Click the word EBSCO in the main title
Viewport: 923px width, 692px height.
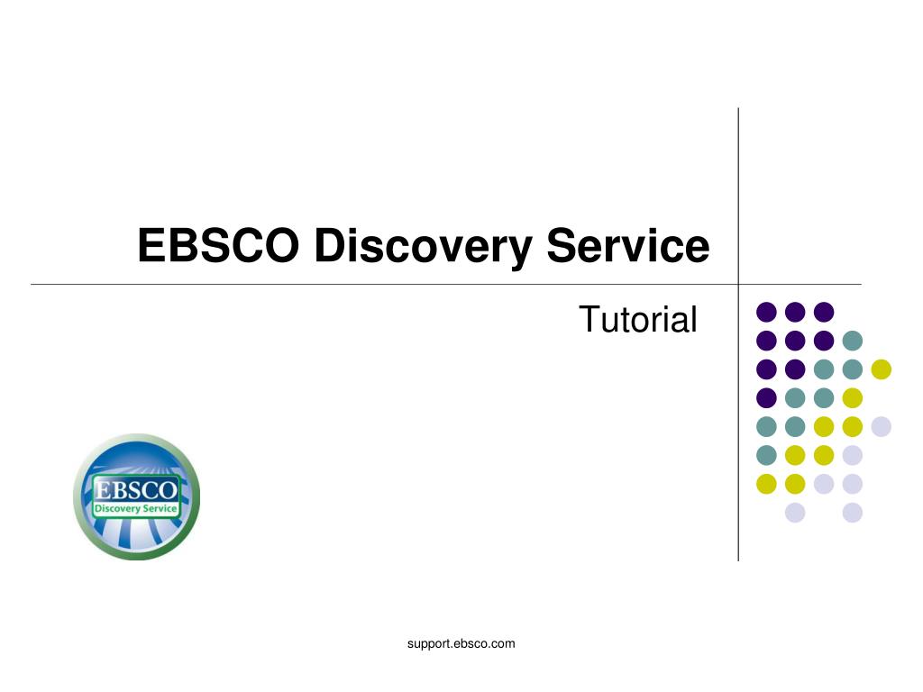point(218,245)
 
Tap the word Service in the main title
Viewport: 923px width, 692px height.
point(628,245)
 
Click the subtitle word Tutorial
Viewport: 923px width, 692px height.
point(638,320)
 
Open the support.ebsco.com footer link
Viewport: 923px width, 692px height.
point(461,643)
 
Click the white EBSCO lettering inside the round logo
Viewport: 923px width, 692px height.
point(136,489)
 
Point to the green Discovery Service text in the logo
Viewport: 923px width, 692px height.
point(136,508)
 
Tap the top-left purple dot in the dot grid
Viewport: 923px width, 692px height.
point(766,312)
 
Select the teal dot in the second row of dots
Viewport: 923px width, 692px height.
point(853,341)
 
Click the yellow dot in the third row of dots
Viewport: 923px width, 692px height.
point(882,369)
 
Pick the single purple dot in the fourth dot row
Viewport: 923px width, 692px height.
point(766,397)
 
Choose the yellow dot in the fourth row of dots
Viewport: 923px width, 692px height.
point(853,397)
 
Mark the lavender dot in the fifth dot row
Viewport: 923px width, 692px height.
point(882,426)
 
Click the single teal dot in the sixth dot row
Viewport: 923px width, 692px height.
point(766,455)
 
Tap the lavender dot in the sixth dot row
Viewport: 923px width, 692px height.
point(853,455)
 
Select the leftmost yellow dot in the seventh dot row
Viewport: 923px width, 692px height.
point(766,484)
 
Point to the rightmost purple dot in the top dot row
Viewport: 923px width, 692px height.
point(824,312)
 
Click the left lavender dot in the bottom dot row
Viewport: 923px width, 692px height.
point(795,513)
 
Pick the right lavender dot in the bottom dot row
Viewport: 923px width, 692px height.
point(853,513)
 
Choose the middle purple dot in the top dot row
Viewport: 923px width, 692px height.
point(795,312)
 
